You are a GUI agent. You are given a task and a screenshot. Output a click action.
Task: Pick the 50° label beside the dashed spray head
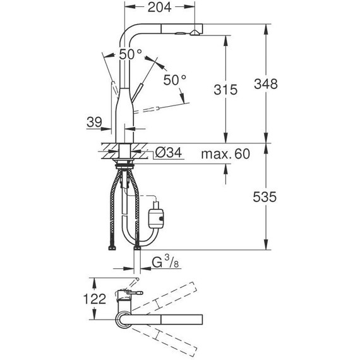tap(175, 80)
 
